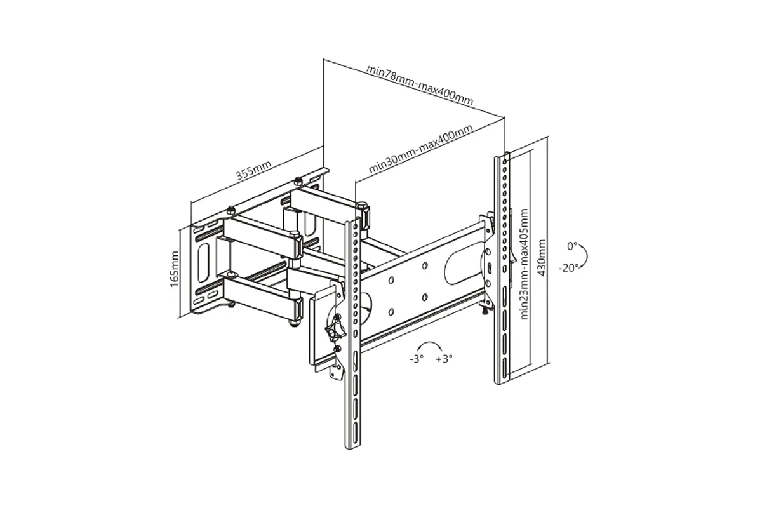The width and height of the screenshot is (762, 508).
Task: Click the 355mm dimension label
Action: pos(254,170)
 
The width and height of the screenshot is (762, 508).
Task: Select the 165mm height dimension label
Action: pos(174,269)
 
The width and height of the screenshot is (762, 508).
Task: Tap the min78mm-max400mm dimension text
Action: pos(420,84)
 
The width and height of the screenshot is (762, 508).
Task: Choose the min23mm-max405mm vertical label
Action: pos(525,264)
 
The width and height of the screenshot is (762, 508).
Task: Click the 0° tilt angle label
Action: pos(572,246)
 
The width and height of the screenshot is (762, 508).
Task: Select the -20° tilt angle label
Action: pos(568,268)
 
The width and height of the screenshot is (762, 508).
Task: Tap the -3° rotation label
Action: pos(417,359)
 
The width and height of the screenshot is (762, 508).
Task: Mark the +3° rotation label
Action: pos(444,359)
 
